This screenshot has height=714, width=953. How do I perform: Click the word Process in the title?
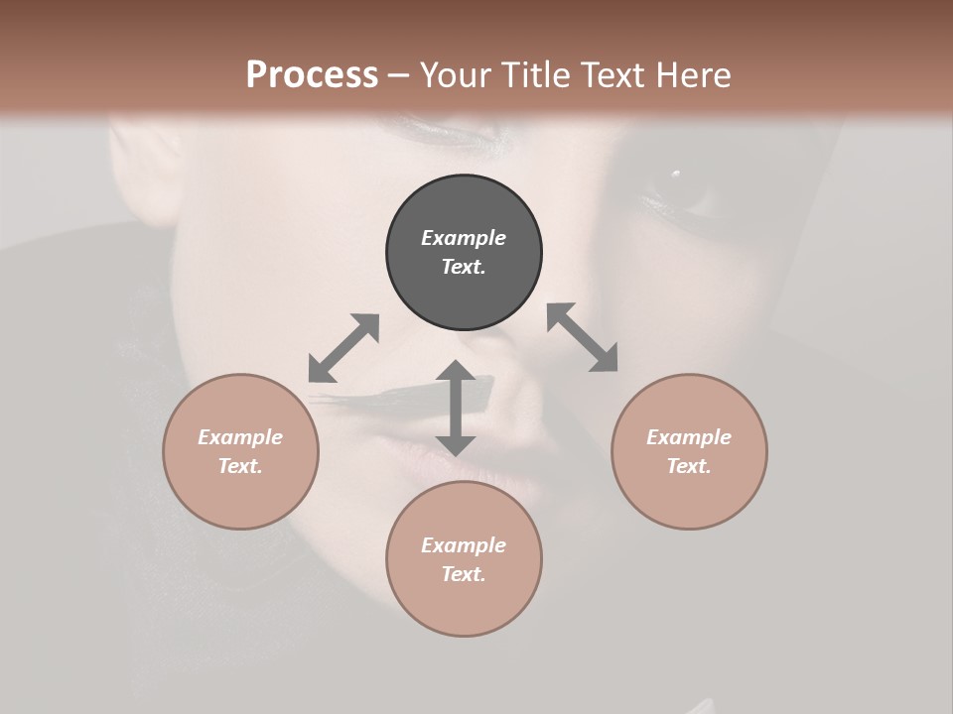tap(312, 75)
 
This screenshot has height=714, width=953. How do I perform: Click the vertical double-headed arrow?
tap(456, 408)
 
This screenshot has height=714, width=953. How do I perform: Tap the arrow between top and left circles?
tap(343, 348)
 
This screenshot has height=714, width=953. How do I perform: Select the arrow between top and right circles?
tap(582, 337)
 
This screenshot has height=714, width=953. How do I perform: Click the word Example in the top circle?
tap(464, 238)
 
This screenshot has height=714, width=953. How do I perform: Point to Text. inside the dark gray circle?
tap(464, 267)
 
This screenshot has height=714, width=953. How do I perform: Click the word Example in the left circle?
tap(240, 437)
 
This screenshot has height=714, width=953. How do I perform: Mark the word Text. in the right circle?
tap(689, 466)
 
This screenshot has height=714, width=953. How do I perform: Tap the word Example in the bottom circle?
tap(464, 545)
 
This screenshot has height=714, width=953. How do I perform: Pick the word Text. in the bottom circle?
tap(464, 574)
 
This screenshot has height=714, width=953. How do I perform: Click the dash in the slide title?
tap(398, 75)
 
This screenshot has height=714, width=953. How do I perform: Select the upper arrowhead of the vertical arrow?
tap(456, 371)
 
